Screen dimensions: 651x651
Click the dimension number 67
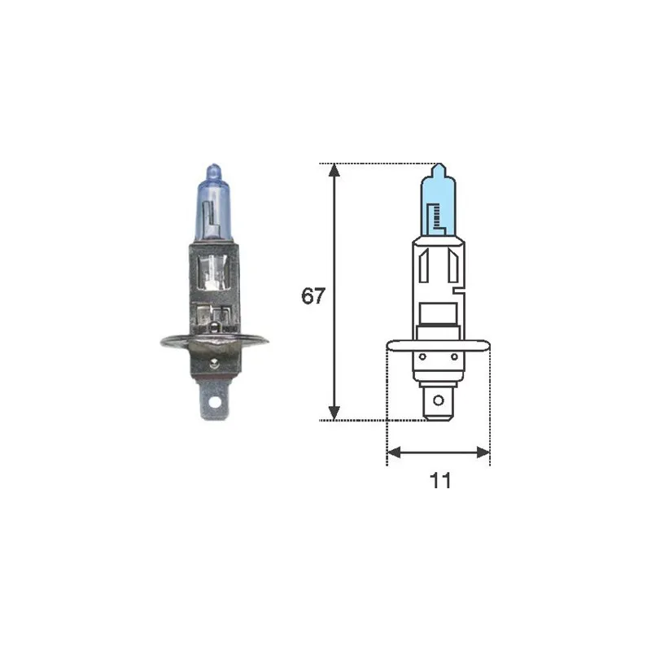point(313,296)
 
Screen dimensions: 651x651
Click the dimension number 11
point(440,481)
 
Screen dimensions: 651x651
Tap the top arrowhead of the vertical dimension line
point(334,169)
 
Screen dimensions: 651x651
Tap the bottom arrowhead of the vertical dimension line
point(334,413)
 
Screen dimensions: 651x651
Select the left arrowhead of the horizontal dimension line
point(394,452)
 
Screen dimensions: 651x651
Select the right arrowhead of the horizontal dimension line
point(483,452)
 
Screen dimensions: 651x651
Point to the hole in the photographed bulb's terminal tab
point(214,402)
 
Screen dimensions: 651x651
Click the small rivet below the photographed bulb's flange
point(214,364)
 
